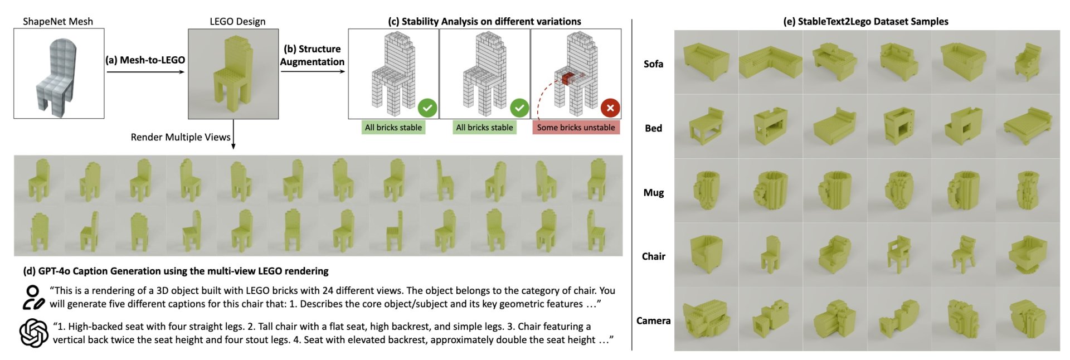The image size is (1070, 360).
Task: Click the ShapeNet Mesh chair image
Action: (x=59, y=74)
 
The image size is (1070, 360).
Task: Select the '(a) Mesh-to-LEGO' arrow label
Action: (x=145, y=60)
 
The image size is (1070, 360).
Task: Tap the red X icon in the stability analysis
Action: (x=610, y=108)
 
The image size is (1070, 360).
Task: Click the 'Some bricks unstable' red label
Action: (x=576, y=128)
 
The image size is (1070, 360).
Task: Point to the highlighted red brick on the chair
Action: (x=567, y=78)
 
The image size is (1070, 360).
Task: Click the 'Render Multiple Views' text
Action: (x=181, y=137)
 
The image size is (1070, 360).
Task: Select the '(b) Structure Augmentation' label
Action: (x=312, y=55)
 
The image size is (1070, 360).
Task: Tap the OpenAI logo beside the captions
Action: (x=33, y=333)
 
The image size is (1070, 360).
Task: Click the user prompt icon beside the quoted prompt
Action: (x=33, y=298)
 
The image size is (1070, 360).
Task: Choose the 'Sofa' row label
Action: (x=653, y=64)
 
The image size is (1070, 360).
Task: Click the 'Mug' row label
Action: (x=653, y=192)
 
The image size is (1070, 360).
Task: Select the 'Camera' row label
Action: (x=653, y=320)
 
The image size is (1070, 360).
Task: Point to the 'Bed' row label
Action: (x=653, y=128)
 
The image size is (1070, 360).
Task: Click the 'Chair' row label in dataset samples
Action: (x=653, y=256)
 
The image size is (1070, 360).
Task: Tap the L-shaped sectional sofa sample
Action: (x=770, y=62)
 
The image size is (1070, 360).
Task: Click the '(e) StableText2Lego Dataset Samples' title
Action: (x=865, y=22)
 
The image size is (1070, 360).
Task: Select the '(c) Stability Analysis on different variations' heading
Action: (x=484, y=22)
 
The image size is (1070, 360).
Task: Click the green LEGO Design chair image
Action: (x=233, y=74)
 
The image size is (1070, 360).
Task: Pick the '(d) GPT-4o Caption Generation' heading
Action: (x=176, y=271)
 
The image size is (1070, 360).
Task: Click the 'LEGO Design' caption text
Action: (x=237, y=22)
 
